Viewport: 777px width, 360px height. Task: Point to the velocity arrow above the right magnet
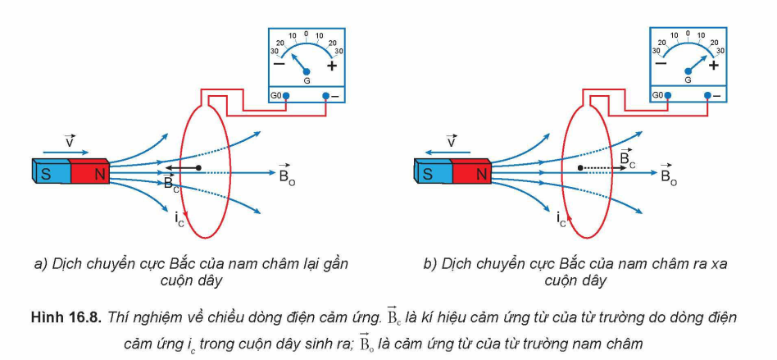(446, 152)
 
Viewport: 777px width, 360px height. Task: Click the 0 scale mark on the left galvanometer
(307, 34)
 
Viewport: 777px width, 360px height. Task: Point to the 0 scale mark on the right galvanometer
(688, 34)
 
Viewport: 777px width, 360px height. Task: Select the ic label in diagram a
(178, 217)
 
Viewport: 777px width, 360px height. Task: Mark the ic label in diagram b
(561, 218)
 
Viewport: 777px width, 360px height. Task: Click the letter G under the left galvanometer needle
(307, 81)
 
